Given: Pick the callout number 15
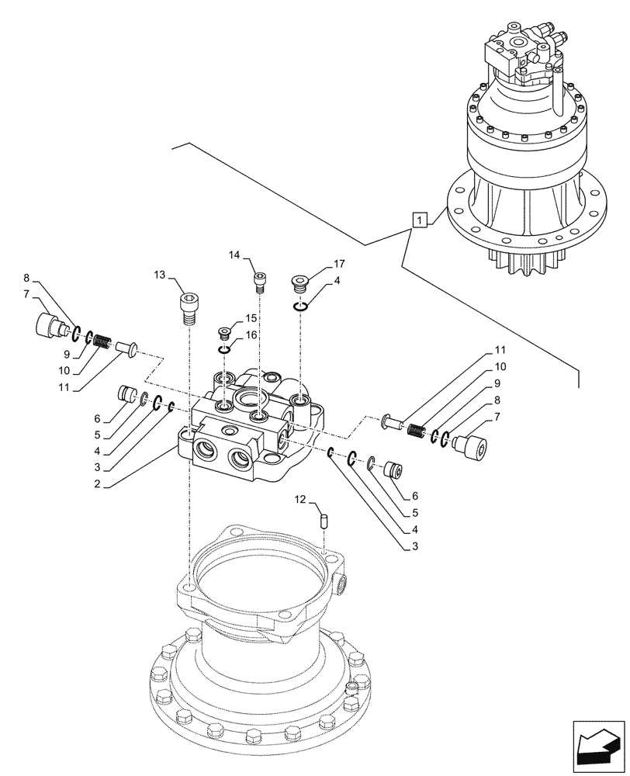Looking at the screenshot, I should tap(251, 318).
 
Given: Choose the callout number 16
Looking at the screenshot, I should tap(251, 334).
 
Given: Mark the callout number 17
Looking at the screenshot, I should tap(317, 264).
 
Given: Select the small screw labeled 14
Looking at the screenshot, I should tap(260, 281).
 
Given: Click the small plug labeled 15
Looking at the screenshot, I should tap(225, 333).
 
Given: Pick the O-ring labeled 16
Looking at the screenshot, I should tap(224, 350).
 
